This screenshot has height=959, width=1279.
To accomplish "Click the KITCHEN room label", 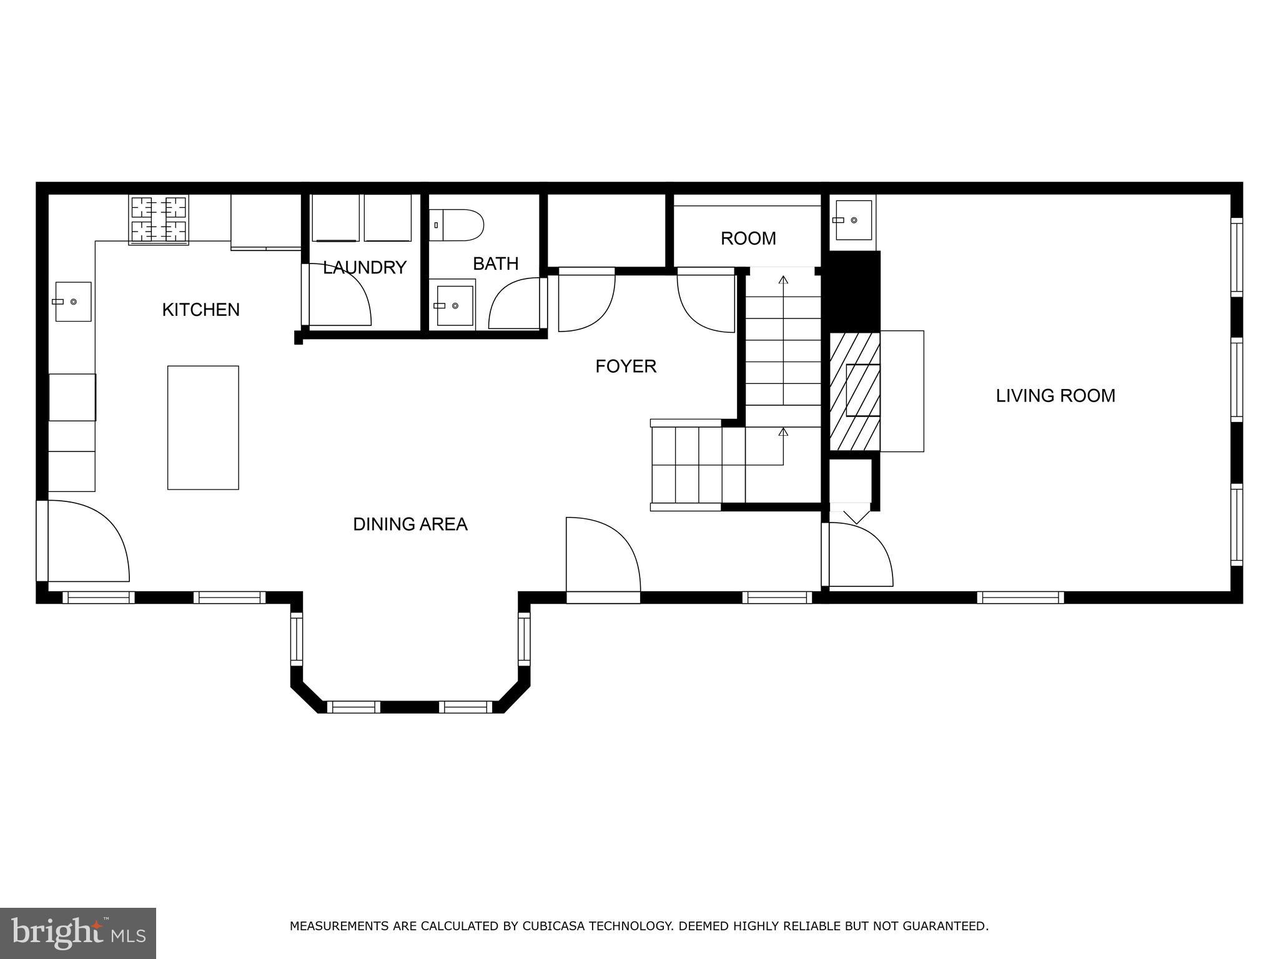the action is point(200,310).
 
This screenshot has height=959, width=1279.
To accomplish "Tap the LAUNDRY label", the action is point(365,267).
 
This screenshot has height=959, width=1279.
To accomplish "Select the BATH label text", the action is point(496,263).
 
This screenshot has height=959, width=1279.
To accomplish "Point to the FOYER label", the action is point(626,366).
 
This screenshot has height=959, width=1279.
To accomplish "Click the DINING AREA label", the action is point(410,524).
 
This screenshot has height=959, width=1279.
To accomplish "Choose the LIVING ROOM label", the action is point(1055,395).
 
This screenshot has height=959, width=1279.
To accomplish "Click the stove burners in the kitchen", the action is point(159,220).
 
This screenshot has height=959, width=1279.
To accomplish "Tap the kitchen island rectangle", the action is point(203,428).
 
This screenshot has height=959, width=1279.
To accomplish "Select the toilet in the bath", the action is point(457,225).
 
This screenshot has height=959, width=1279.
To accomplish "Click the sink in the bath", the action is point(455,305).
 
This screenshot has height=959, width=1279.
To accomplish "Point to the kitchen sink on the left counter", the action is point(73,302).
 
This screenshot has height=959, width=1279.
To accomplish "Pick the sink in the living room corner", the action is point(853,220).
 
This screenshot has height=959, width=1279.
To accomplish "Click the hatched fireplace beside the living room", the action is point(854,391).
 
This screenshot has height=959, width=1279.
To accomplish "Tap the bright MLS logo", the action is point(78,933).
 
